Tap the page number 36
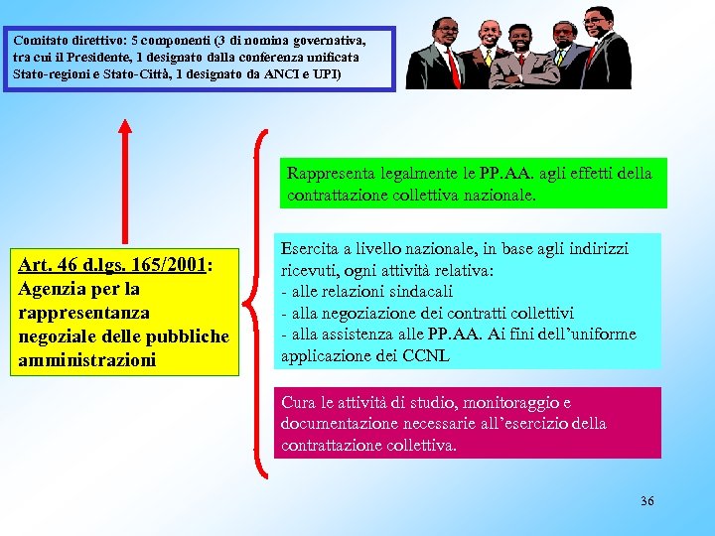click(x=647, y=500)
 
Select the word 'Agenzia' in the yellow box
click(x=53, y=289)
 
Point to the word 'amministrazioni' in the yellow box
click(x=87, y=359)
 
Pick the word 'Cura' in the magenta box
click(x=299, y=403)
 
